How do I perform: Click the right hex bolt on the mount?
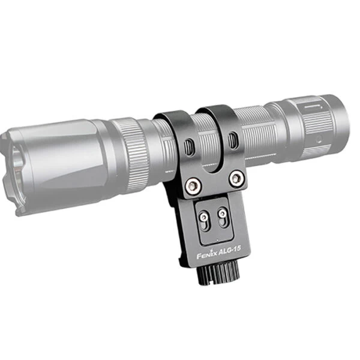tap(237, 178)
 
